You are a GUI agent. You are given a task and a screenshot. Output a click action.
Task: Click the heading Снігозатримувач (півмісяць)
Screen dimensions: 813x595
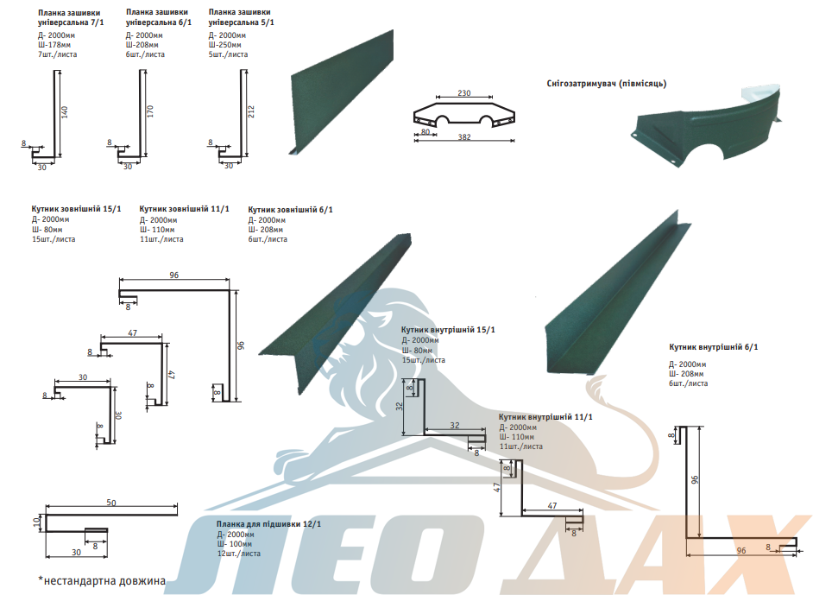click(x=606, y=84)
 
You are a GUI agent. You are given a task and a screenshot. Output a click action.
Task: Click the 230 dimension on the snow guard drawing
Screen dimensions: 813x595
click(x=464, y=93)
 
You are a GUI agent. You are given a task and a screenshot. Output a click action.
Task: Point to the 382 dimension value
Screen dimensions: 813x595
click(x=464, y=137)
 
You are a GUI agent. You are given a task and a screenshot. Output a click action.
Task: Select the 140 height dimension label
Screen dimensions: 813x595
click(x=65, y=111)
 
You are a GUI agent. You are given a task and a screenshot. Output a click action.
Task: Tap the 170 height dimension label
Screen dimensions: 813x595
click(x=150, y=111)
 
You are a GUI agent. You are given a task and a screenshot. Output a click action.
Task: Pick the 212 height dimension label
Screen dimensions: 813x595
click(x=251, y=111)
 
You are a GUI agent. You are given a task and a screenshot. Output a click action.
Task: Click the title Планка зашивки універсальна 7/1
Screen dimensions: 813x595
click(x=71, y=17)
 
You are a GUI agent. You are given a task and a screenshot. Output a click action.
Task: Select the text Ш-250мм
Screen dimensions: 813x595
click(x=224, y=45)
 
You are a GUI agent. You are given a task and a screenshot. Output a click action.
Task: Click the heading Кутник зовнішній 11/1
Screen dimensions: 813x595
click(x=184, y=208)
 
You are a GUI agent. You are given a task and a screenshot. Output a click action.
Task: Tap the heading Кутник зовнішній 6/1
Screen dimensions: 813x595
click(x=290, y=210)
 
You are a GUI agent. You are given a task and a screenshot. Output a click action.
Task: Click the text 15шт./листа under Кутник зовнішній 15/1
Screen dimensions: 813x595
click(x=54, y=239)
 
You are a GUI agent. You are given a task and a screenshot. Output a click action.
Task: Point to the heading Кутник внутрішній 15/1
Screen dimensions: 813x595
click(x=448, y=329)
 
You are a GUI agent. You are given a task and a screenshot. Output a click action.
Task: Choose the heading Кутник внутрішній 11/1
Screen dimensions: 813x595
click(x=545, y=416)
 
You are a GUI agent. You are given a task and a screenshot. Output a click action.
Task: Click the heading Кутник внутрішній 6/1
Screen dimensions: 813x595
click(x=714, y=347)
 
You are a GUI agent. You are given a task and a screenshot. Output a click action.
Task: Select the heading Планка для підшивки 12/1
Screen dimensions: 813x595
click(x=268, y=524)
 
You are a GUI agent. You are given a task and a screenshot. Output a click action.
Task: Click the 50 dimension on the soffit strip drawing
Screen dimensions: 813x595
click(x=111, y=503)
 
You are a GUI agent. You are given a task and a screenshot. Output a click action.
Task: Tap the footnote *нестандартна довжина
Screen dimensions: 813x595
click(x=102, y=580)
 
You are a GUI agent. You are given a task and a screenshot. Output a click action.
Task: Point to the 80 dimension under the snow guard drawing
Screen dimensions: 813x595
click(x=425, y=132)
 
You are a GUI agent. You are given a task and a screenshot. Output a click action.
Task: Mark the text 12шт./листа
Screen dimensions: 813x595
click(x=238, y=554)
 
